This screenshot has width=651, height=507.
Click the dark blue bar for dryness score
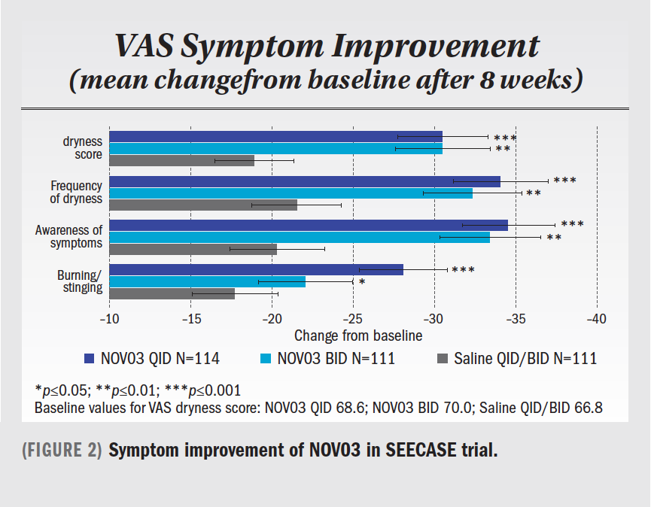coord(275,137)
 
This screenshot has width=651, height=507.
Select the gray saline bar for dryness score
coord(181,161)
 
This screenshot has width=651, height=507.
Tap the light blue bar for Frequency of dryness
coord(291,193)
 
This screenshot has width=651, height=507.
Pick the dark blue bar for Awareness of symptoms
coord(308,225)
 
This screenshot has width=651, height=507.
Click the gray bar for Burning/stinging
coord(172,293)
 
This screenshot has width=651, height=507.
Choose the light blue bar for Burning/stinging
coord(207,281)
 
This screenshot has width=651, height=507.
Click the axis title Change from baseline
coord(358,335)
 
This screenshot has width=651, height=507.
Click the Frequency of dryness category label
coord(76,193)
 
